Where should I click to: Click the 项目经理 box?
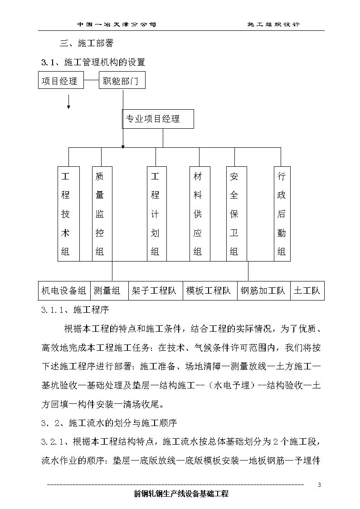click(61, 80)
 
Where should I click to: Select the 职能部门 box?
click(122, 80)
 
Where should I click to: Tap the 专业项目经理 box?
click(158, 119)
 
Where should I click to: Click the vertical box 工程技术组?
click(68, 214)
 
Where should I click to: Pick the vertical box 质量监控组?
click(102, 214)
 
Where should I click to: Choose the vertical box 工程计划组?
click(157, 214)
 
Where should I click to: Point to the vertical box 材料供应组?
click(200, 214)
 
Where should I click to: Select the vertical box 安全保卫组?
click(237, 214)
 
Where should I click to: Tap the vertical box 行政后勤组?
click(282, 214)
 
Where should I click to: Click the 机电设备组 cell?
click(64, 291)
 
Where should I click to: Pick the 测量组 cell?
click(110, 291)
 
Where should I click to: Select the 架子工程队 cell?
click(156, 291)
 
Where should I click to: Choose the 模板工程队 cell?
click(210, 291)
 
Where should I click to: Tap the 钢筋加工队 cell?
click(264, 291)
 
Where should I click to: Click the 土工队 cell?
click(307, 291)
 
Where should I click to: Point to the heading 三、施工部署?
click(87, 43)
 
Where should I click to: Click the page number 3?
click(320, 485)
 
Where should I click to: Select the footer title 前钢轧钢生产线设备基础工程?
click(181, 494)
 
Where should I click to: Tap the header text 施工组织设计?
click(273, 24)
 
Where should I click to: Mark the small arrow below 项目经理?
click(68, 102)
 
